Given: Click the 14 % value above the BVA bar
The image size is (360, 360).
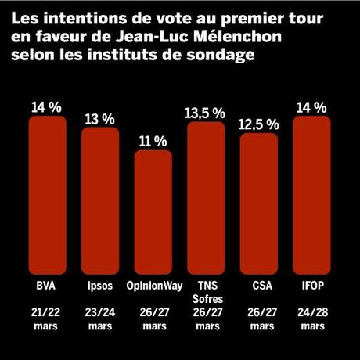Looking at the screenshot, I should tap(46, 107).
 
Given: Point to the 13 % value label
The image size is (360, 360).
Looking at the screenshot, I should tap(99, 119).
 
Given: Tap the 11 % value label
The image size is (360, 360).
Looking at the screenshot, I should tap(153, 141).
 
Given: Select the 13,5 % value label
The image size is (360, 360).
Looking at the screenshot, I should tap(206, 113).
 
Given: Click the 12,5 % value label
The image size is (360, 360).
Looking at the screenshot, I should tap(258, 124).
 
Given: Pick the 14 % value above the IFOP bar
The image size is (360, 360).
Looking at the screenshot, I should tap(311, 107).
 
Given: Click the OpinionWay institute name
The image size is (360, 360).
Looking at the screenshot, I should tap(153, 284).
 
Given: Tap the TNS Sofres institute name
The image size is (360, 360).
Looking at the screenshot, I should tap(206, 290).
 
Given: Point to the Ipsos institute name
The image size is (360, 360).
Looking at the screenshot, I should tap(99, 284).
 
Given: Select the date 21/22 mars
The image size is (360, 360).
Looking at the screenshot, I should tap(46, 318).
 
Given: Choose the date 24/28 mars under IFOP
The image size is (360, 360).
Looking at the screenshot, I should tap(311, 318).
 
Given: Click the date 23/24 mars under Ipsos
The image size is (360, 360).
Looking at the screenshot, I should tap(99, 318).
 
